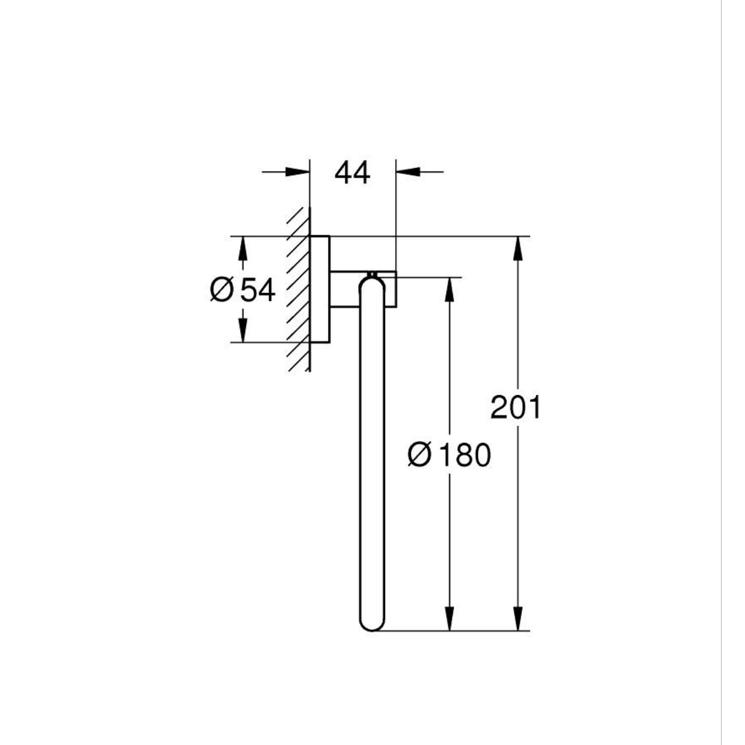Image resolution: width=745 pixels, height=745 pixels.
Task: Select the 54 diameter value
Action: [x=257, y=290]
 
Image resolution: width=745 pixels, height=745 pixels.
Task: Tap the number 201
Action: [x=516, y=408]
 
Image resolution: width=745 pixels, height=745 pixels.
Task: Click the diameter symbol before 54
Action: [x=222, y=290]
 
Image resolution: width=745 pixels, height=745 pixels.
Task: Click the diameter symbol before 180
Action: [x=420, y=455]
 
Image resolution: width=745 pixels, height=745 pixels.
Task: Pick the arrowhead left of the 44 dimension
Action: [x=297, y=172]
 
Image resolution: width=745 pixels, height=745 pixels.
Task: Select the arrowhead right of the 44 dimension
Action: [x=408, y=172]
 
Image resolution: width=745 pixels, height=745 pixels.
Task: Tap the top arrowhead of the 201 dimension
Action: [x=519, y=248]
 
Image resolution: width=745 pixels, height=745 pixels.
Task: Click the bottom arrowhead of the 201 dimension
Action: [x=519, y=619]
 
